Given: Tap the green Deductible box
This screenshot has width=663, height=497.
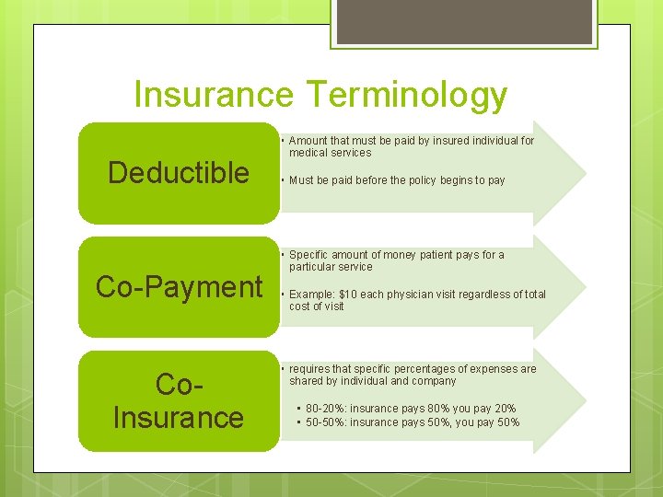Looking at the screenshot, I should coord(178,173).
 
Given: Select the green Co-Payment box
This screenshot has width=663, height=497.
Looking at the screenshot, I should coord(179,287).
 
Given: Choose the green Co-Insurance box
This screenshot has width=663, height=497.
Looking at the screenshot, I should coord(178,401).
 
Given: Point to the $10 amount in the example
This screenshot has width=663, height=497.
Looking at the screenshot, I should coord(346,295).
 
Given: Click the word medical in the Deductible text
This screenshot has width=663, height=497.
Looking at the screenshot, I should coord(308,153).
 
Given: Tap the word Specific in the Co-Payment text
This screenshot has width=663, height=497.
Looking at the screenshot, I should coord(310,255).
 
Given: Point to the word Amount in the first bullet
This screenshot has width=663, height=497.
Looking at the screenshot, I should coord(308,141).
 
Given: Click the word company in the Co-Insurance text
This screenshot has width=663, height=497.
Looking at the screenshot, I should coord(434,381).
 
